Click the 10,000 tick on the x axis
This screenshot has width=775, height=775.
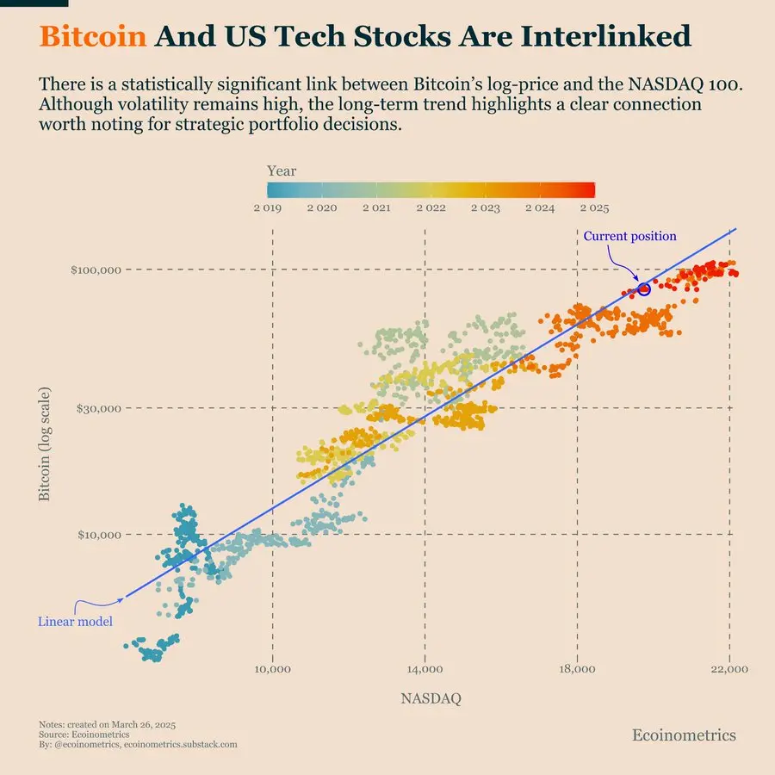coord(272,669)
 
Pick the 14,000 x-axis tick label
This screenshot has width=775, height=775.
coord(425,669)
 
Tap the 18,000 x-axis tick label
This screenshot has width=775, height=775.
coord(577,669)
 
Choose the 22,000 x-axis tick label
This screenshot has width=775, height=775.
coord(730,669)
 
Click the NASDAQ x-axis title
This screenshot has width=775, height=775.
coord(431,699)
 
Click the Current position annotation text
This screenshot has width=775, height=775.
coord(629,236)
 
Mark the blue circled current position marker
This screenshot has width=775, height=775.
coord(643,289)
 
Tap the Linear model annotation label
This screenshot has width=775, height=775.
coord(75,621)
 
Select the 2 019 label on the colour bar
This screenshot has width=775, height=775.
coord(268,208)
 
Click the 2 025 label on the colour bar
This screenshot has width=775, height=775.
coord(594,208)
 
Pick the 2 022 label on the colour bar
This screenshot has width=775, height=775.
coord(431,208)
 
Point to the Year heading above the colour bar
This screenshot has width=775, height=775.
coord(282,171)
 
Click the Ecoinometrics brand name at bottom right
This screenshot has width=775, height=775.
coord(684,735)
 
